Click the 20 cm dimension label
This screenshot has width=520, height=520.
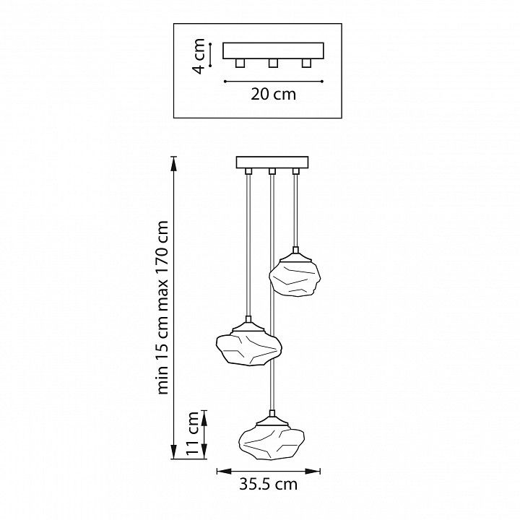coord(273,94)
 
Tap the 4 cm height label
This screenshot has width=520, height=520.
coord(199,56)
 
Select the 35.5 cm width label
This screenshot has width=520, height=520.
coord(268,484)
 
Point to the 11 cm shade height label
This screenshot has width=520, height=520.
coord(192,434)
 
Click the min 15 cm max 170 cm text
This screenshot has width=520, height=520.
coord(162,307)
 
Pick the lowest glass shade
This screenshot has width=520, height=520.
coord(272,443)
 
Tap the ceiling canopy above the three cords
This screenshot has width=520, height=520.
coord(272,162)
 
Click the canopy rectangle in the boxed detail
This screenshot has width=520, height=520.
coord(273,51)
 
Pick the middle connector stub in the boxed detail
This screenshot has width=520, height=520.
coord(273,63)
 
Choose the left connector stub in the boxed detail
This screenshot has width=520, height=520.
coord(240,63)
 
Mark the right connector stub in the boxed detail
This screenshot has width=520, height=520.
coord(306,63)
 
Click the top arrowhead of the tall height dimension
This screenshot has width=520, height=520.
coord(173,163)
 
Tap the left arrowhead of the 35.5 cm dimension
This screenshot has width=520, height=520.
coord(224,471)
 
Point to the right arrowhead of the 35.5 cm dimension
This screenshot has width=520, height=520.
coord(313,471)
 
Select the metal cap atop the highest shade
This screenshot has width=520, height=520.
coord(295,255)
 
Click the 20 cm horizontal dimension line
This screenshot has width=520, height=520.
coord(274,81)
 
